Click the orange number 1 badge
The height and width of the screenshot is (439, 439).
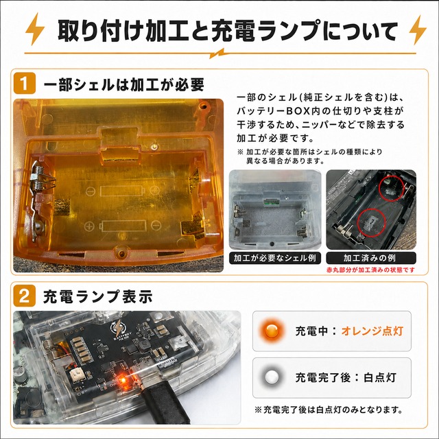25,83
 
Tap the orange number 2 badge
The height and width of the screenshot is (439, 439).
25,296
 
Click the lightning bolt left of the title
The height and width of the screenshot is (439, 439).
35,29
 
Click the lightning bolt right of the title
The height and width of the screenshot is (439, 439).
418,30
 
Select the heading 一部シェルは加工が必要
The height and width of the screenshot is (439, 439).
123,84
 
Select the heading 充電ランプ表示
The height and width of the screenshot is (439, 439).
98,296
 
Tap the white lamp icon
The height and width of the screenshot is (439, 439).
272,377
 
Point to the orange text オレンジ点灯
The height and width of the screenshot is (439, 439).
372,331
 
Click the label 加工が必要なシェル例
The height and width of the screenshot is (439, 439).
274,258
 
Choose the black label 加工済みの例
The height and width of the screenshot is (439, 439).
370,258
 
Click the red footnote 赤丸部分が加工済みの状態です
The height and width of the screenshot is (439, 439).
370,270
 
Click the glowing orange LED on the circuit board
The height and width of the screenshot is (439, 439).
123,380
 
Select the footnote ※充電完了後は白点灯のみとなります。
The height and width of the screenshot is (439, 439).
329,410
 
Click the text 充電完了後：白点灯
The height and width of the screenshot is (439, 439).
346,377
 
